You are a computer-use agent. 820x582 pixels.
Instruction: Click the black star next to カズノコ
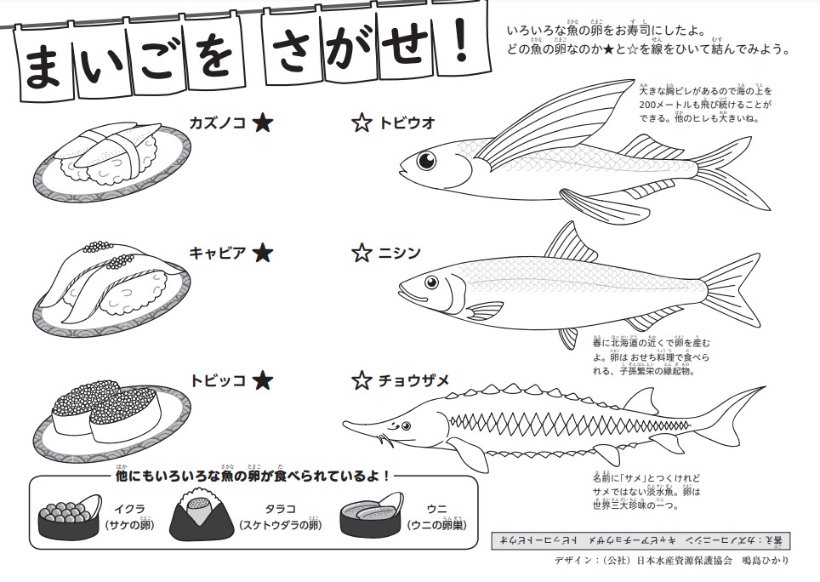click(263, 123)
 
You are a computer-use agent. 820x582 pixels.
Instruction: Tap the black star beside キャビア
click(263, 253)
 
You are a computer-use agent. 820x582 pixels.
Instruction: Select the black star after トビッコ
click(263, 380)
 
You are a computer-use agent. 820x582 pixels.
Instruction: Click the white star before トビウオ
click(362, 123)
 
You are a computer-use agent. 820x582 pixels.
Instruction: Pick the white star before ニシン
click(362, 253)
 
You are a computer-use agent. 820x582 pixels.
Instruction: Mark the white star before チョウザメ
click(362, 380)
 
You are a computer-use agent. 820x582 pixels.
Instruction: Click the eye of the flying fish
click(425, 159)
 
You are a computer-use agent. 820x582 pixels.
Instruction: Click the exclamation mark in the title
click(461, 48)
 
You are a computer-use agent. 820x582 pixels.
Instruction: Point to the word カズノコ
click(217, 123)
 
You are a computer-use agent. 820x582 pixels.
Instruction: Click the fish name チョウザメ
click(413, 380)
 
